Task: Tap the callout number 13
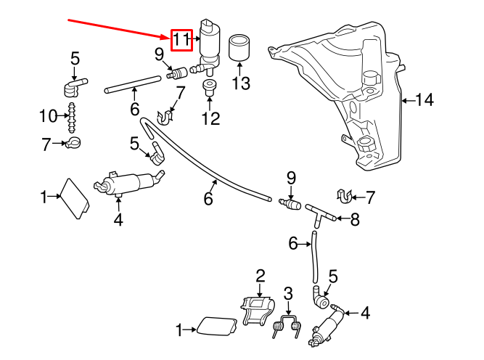[241, 83]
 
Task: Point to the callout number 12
[210, 119]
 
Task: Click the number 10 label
[48, 115]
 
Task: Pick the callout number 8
[354, 219]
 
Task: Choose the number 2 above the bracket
[259, 275]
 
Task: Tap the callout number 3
[288, 294]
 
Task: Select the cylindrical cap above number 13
[239, 49]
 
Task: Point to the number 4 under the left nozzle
[118, 218]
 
